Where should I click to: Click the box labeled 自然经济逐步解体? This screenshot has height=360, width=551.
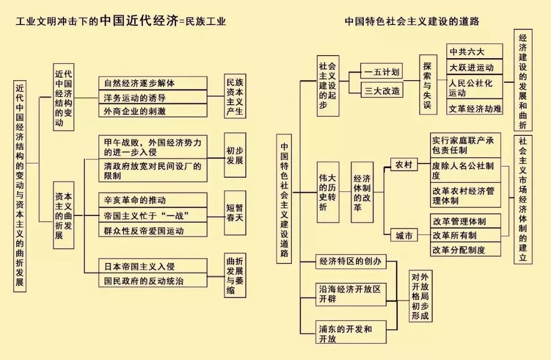coord(153,83)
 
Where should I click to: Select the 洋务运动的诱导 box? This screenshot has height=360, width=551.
coord(153,97)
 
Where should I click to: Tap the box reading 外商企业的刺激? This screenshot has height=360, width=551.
coord(153,111)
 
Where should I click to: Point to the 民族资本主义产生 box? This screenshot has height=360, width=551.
coord(235,97)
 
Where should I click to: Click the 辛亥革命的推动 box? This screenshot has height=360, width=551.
coord(153,200)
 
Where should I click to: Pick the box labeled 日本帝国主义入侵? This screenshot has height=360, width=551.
coord(153,266)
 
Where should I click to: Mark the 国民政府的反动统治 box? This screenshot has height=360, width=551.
coord(153,281)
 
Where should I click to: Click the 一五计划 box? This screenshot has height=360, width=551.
coord(382,71)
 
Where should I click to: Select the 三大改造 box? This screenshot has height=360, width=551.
coord(382,90)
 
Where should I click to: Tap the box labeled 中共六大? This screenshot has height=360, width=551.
coord(474,52)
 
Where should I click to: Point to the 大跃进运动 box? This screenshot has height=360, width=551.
coord(474,67)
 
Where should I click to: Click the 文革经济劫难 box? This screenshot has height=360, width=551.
coord(474,108)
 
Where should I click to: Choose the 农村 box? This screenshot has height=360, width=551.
coord(404,164)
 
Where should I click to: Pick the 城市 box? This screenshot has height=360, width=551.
coord(404,235)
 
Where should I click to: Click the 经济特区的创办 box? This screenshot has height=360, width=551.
coord(350,262)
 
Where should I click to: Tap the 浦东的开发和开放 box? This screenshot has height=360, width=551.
coord(350,333)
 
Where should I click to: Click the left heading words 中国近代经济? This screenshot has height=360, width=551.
coord(139,21)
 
